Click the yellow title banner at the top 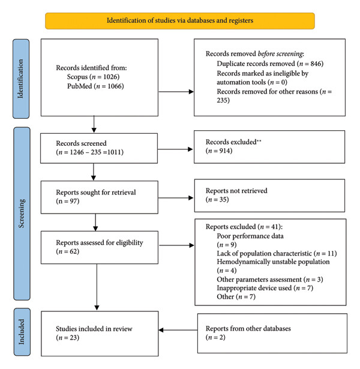coord(180,21)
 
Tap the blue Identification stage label coord(21,79)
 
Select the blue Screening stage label coord(22,214)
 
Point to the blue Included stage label coord(22,332)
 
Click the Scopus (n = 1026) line coord(93,77)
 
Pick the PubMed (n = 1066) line coord(95,86)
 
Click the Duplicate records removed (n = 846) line coord(270,64)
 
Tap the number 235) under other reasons coord(223,100)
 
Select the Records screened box coord(99,148)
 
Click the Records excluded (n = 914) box coord(269,147)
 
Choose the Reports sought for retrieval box coord(100,197)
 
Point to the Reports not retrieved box coord(269,196)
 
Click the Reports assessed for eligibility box coord(100,247)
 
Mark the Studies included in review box coord(100,334)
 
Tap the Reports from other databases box coord(272,333)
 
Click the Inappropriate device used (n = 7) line coord(265,288)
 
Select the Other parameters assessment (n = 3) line coord(270,280)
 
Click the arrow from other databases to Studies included coord(178,330)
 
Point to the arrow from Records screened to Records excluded coord(175,149)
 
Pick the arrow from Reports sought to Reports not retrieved coord(176,198)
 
